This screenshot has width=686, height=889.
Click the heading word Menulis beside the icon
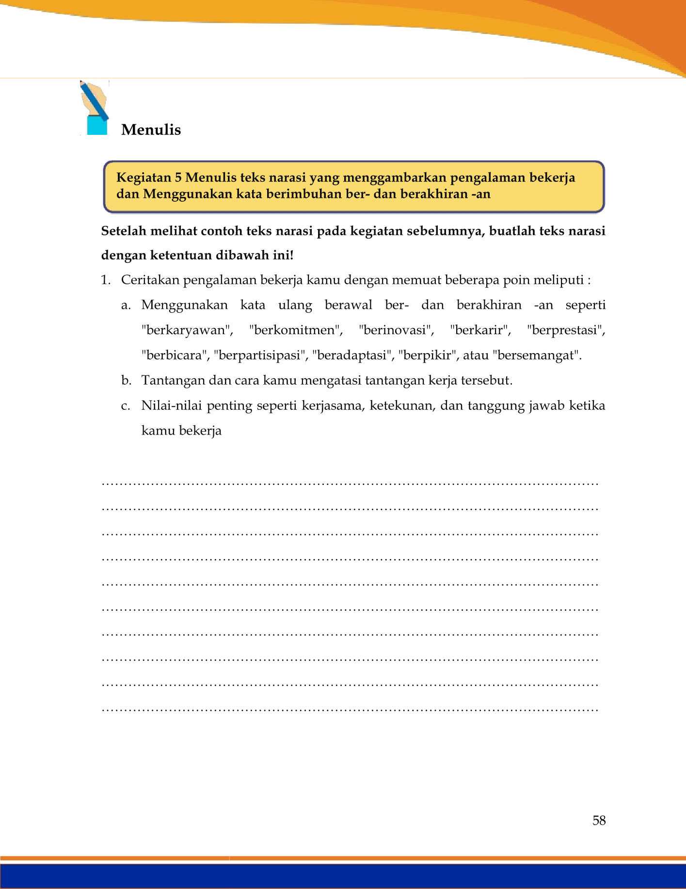[x=151, y=130]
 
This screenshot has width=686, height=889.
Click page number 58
[x=599, y=820]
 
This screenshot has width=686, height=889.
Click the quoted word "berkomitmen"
[x=295, y=330]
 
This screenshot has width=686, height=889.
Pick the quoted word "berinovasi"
[x=396, y=330]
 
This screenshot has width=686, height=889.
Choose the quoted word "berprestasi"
[x=566, y=330]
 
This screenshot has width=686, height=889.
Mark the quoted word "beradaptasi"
[x=352, y=356]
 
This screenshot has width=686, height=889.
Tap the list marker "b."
[x=126, y=380]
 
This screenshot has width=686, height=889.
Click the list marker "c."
[x=126, y=405]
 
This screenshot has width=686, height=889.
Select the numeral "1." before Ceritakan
[x=106, y=280]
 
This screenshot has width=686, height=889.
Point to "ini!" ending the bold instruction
[x=282, y=255]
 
